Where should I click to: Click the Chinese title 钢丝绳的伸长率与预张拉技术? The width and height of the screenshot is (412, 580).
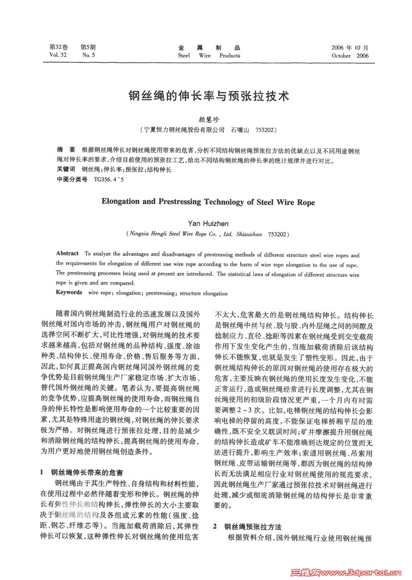(x=205, y=95)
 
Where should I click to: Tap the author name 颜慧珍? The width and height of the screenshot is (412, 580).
(x=205, y=119)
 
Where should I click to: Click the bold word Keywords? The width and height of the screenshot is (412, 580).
(x=69, y=292)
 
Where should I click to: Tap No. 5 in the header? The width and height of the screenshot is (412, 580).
(x=88, y=56)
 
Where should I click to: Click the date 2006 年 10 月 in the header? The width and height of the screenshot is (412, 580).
(x=350, y=48)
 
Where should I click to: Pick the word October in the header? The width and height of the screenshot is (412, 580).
(x=343, y=56)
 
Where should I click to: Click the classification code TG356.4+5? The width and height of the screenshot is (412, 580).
(x=109, y=179)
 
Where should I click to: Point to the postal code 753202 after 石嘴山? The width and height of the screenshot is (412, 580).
(x=267, y=130)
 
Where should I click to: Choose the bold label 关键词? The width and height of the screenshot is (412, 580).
(x=66, y=169)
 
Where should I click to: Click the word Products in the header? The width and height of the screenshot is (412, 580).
(x=230, y=56)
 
